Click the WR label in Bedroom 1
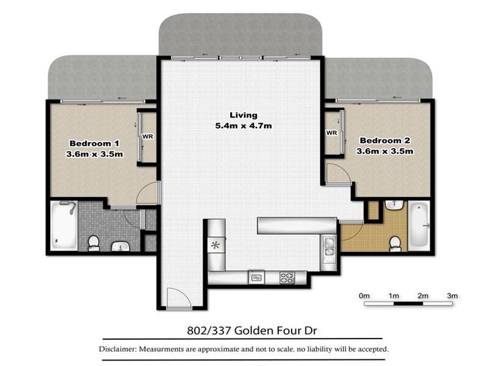(x=147, y=137)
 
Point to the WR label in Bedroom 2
(x=332, y=132)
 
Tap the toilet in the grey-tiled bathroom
(x=93, y=243)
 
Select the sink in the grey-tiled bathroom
(x=120, y=246)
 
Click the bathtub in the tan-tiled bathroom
(x=419, y=225)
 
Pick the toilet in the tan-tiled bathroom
(x=395, y=242)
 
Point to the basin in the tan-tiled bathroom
(x=394, y=204)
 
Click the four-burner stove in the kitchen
(x=287, y=278)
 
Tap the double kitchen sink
(x=329, y=246)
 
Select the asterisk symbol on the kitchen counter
(x=214, y=246)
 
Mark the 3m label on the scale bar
(x=452, y=295)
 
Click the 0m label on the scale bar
(x=365, y=295)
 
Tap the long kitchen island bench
(x=297, y=226)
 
